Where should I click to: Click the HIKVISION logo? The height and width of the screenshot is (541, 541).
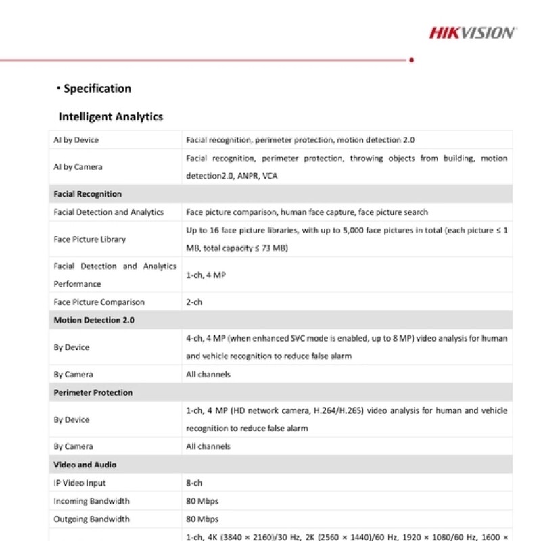coord(473,32)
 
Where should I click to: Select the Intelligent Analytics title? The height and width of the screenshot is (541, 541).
coord(111,116)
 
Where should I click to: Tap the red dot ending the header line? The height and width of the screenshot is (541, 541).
coord(412,60)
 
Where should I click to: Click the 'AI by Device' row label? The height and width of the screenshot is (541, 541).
coord(76,140)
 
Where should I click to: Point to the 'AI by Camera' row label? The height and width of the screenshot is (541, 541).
coord(78,167)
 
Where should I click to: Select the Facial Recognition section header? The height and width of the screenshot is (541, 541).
coord(88,194)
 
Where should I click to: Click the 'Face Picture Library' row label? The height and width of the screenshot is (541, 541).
coord(90,239)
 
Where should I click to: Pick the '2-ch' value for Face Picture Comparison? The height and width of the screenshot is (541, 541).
coord(194,302)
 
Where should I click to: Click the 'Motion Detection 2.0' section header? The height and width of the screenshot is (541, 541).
coord(94,321)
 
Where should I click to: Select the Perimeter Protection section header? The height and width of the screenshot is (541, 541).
coord(93,393)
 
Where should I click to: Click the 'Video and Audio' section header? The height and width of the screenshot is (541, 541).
coord(85,465)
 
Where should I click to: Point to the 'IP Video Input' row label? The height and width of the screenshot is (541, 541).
coord(80,483)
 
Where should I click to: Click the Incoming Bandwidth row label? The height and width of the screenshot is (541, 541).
coord(91,501)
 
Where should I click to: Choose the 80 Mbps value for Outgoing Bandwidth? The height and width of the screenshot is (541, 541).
coord(202,519)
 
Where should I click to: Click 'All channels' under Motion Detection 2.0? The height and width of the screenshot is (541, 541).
coord(208,375)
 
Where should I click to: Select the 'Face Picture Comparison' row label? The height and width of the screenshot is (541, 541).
coord(99,302)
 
